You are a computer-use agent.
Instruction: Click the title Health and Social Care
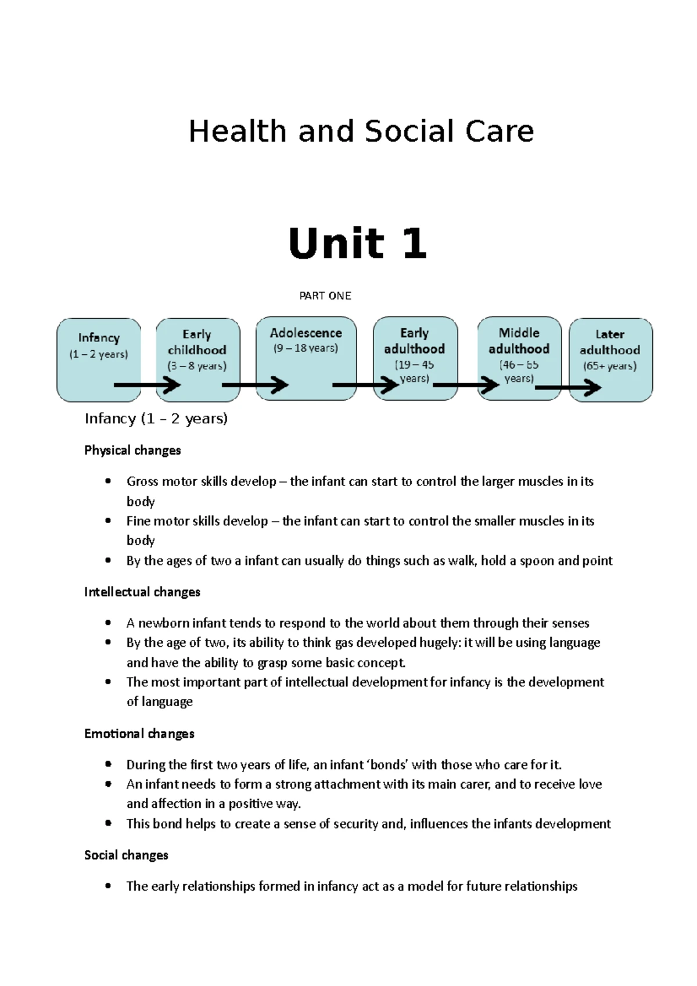coord(361,131)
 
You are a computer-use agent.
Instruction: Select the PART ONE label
coord(325,296)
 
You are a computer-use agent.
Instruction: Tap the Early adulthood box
coord(415,348)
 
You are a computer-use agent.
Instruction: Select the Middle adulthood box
coord(519,348)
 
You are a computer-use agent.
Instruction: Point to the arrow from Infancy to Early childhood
coord(148,385)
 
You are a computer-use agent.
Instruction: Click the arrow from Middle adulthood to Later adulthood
coord(567,387)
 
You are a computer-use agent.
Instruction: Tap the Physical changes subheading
coord(132,451)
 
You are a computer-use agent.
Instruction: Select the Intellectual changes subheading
coord(142,592)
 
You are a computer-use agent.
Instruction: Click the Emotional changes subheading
coord(139,734)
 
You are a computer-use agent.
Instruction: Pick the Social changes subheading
coord(126,855)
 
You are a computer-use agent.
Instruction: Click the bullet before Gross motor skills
coord(108,481)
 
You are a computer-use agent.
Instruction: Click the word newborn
coord(163,624)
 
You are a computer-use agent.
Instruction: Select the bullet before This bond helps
coord(108,823)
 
